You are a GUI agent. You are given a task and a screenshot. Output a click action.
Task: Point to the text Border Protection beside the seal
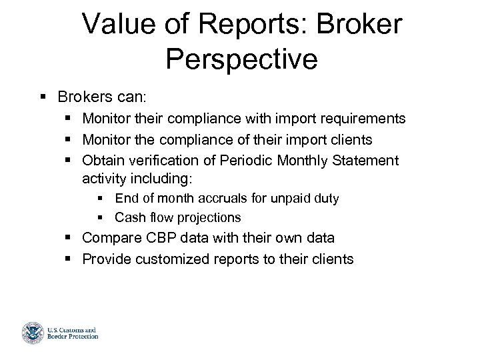(73, 336)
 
